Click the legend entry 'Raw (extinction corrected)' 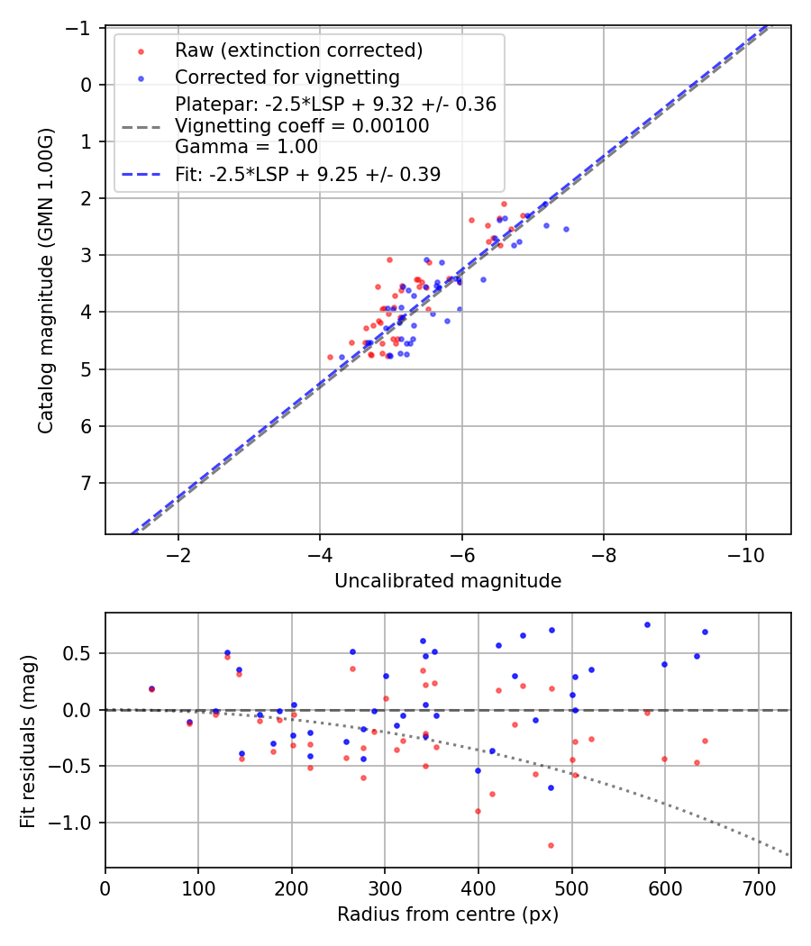click(298, 50)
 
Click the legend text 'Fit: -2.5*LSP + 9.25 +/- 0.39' click(307, 175)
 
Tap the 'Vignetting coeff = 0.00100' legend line click(302, 126)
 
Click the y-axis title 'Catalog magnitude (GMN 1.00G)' click(45, 280)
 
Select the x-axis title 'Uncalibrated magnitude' click(448, 581)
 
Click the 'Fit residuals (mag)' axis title click(27, 740)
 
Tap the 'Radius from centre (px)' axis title click(448, 914)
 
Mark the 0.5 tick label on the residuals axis click(84, 653)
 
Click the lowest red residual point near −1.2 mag click(551, 845)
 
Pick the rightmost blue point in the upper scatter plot click(566, 229)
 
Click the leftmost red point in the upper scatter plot click(330, 357)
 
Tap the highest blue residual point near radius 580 click(647, 624)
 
